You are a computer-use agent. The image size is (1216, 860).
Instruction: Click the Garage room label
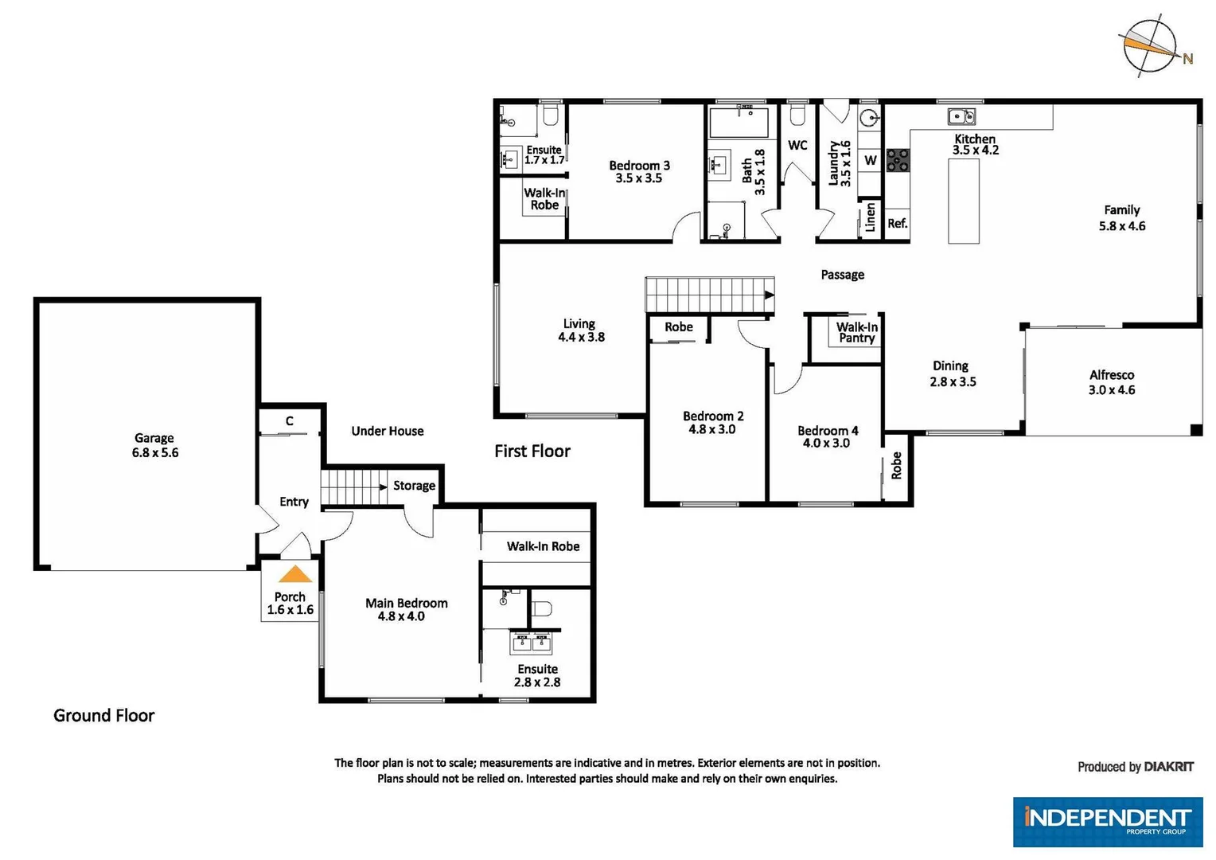coord(154,438)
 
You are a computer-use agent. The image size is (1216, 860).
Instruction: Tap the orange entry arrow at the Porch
coord(294,574)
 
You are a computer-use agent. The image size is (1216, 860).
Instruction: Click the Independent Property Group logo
coord(1107,821)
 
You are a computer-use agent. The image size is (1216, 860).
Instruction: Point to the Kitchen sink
coord(961,117)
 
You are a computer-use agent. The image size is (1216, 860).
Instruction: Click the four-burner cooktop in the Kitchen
coord(898,160)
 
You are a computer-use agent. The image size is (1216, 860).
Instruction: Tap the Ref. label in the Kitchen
coord(897,224)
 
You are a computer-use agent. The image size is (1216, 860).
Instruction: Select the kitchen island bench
coord(963,201)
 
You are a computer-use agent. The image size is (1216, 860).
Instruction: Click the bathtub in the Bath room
coord(739,123)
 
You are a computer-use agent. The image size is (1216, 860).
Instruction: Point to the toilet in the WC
coord(797,116)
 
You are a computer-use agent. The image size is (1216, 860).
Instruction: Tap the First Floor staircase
coord(708,295)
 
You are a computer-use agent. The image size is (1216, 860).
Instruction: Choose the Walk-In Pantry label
coord(856,332)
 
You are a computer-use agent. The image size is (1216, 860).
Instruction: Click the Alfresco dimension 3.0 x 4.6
coord(1112,390)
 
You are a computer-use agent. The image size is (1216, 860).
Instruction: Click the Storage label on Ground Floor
coord(414,486)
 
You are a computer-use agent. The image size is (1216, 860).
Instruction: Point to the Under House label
coord(388,431)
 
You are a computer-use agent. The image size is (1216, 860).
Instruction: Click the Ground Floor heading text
coord(103,715)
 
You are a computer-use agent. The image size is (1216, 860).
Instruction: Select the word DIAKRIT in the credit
coord(1168,767)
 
